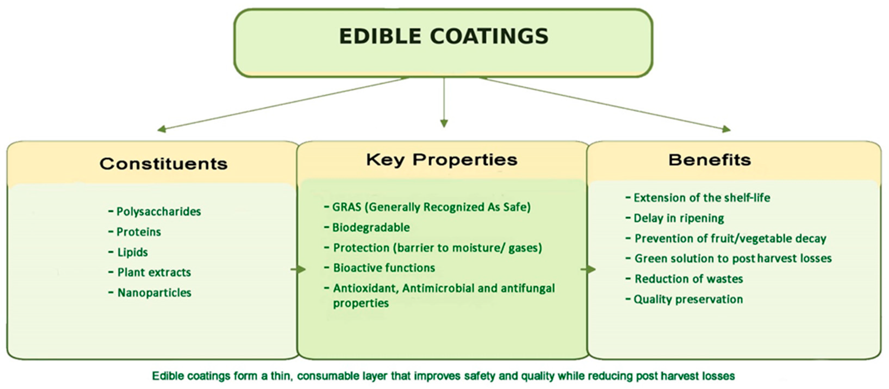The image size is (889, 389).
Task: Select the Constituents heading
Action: (x=164, y=163)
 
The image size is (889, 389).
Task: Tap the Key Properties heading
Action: (x=442, y=160)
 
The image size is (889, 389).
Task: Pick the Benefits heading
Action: (x=710, y=160)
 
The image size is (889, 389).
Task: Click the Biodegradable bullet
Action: (x=367, y=227)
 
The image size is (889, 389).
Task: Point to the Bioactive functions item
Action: (x=380, y=268)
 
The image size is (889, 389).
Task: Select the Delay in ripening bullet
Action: (x=675, y=218)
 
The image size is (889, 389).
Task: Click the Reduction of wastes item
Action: (x=684, y=279)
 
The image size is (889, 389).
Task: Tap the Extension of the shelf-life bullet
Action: (x=698, y=198)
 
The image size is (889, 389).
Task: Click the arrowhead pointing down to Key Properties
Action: (x=444, y=123)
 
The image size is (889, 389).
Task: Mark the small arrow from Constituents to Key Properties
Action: (x=298, y=269)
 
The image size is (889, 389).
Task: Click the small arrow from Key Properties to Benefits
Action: (x=589, y=269)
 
